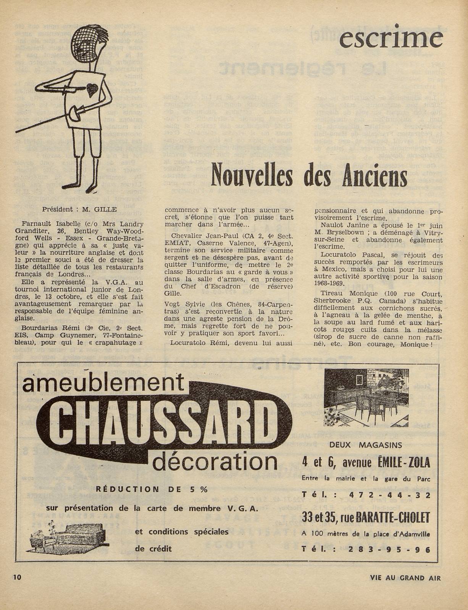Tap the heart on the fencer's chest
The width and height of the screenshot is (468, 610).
point(91,90)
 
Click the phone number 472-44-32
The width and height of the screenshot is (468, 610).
point(389,495)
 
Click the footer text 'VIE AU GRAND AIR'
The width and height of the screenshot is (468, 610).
point(405,578)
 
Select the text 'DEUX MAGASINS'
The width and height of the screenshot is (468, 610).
point(365,445)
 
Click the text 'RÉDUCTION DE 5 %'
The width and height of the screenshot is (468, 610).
point(152,489)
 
